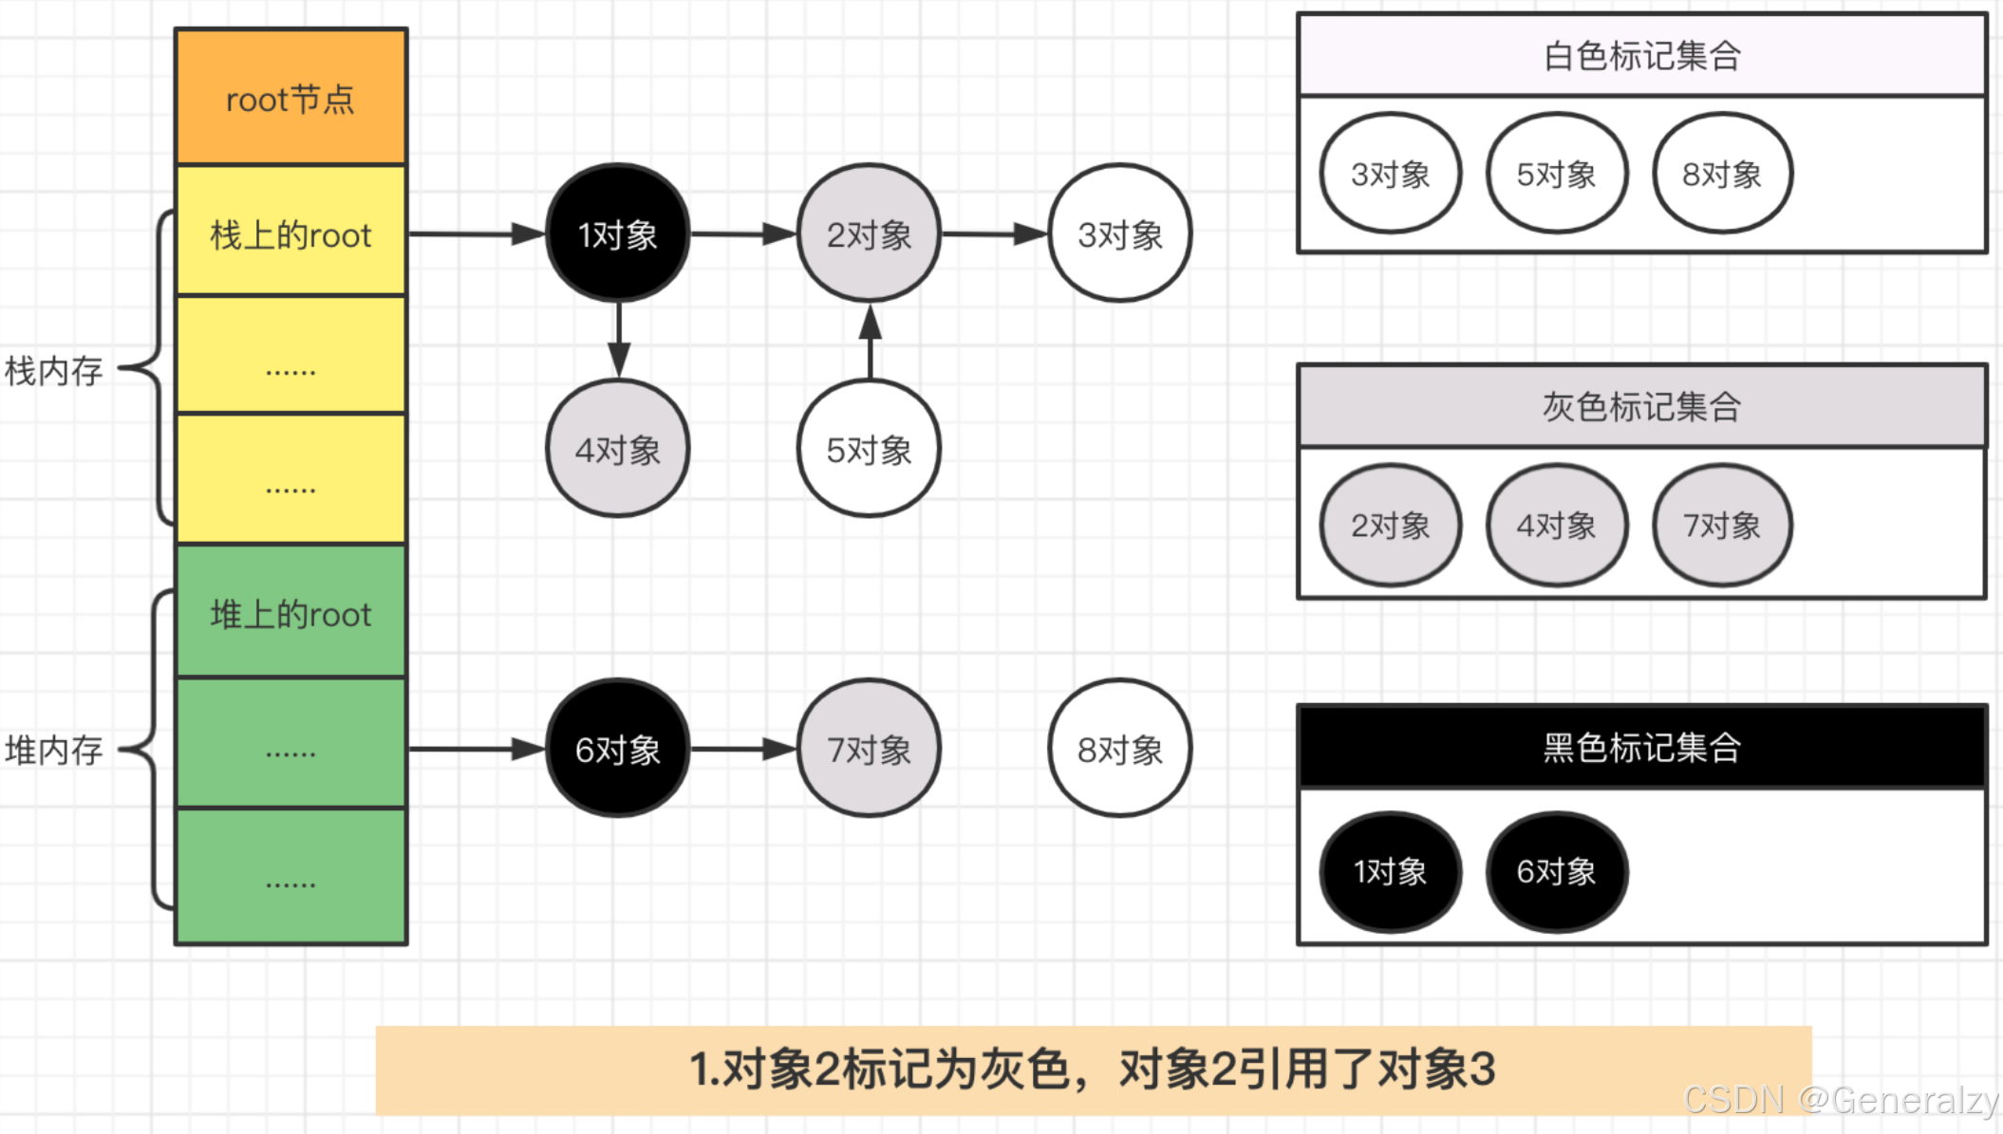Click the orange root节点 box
point(290,98)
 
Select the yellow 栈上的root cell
point(290,233)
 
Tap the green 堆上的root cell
point(290,613)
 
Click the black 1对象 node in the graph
point(618,233)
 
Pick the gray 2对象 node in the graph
point(869,233)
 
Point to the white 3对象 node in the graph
point(1119,233)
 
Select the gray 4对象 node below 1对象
point(618,449)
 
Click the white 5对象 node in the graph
point(869,449)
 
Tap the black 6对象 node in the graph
point(618,749)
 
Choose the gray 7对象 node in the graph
point(869,749)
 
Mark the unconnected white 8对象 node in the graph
point(1119,749)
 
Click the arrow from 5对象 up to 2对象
point(870,343)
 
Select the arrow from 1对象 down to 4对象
point(619,341)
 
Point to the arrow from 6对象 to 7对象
point(743,749)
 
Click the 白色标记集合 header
point(1641,56)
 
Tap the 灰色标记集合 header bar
point(1641,407)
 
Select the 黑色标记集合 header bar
point(1641,748)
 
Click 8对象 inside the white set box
point(1722,174)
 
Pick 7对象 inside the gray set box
point(1722,525)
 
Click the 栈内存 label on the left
point(54,371)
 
